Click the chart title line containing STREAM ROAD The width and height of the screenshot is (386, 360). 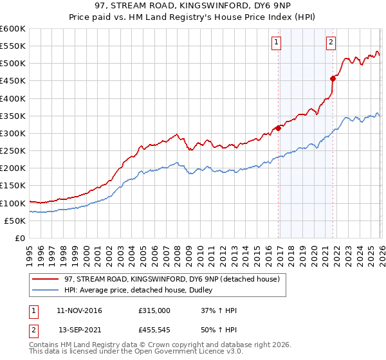(193, 6)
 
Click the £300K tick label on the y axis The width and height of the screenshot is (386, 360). (13, 133)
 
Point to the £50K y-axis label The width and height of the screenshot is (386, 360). (15, 221)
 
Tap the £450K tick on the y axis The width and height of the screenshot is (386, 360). (13, 81)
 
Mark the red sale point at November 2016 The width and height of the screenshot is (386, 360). (278, 128)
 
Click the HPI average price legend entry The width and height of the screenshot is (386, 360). (142, 291)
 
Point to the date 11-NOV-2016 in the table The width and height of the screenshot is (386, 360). (79, 310)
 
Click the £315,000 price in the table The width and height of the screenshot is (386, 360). (154, 310)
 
